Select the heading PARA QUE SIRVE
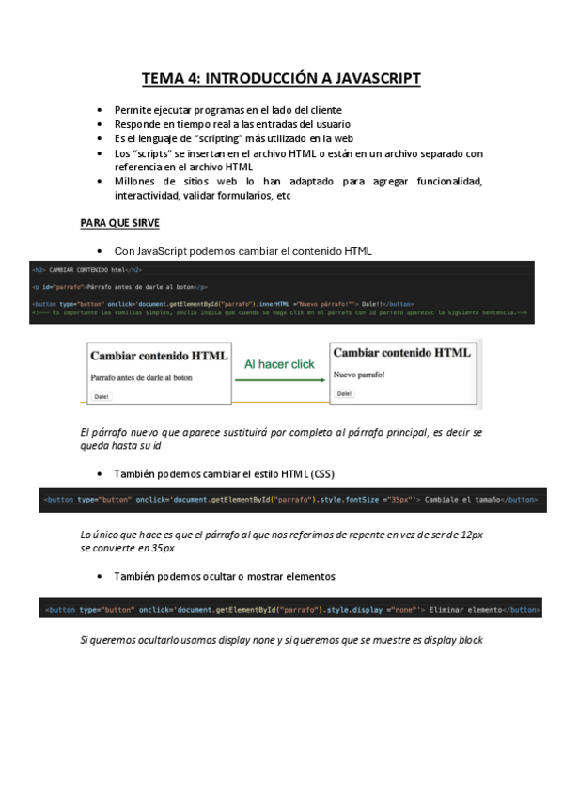pos(119,223)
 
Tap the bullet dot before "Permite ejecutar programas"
pos(102,110)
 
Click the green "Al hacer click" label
pos(279,364)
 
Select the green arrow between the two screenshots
pos(279,378)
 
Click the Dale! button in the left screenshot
pos(102,396)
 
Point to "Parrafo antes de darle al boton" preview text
pos(141,377)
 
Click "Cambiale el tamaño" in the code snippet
pos(461,500)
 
